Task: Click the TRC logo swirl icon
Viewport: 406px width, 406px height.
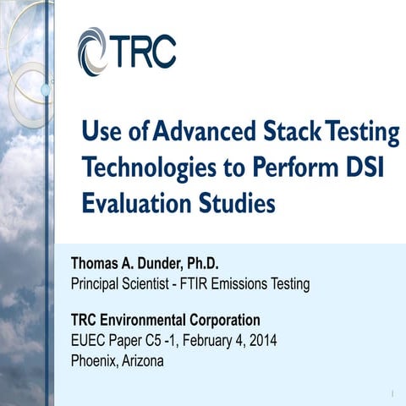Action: click(92, 52)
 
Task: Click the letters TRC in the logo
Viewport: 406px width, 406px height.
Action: click(141, 52)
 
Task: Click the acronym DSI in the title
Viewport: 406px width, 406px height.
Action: click(365, 167)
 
